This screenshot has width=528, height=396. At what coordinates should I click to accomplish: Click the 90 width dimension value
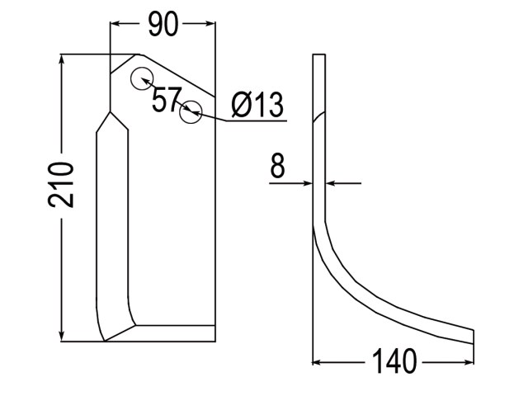click(x=163, y=25)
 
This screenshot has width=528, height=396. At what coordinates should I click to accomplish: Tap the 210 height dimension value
click(x=60, y=185)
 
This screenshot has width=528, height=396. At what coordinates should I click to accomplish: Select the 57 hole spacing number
click(x=167, y=100)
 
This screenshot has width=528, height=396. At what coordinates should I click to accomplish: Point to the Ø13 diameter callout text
click(x=258, y=105)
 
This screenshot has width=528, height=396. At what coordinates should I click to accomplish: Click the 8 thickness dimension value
click(x=277, y=166)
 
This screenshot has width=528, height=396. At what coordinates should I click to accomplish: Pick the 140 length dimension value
click(x=394, y=361)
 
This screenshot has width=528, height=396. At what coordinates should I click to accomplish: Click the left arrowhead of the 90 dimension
click(x=115, y=24)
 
